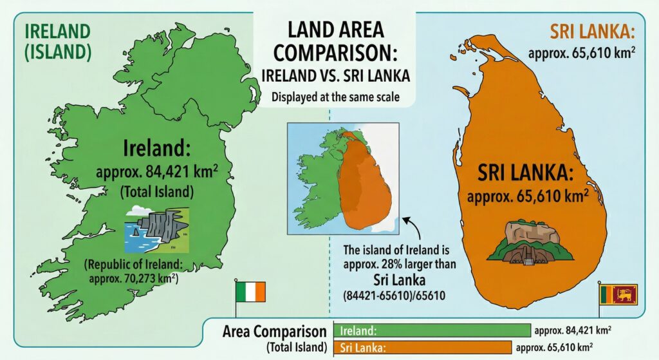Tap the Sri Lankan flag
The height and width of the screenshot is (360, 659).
[618, 294]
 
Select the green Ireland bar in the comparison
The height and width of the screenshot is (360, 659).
[432, 331]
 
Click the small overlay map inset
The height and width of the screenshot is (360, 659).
[343, 177]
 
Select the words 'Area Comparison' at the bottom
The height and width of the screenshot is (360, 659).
[275, 332]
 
